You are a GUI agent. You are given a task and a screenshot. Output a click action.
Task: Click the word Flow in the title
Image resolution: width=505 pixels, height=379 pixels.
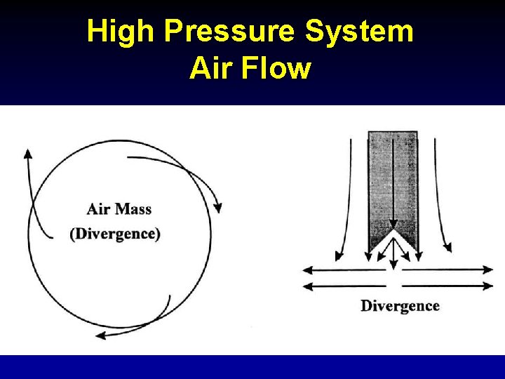point(278,69)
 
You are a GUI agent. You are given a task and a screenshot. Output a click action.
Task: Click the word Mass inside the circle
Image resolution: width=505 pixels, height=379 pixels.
point(133,208)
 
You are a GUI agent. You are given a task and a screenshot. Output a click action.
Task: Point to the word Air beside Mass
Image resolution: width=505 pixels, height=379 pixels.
point(98,208)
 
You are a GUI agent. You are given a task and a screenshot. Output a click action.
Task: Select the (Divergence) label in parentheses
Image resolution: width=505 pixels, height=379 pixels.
point(115,234)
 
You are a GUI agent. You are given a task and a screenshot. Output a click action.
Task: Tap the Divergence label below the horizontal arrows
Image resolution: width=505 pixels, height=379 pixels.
point(400,306)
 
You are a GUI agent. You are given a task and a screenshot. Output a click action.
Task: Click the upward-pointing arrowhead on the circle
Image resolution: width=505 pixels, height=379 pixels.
point(28,154)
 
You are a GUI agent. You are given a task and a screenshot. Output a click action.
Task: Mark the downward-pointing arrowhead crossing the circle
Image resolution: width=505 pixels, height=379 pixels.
point(218,208)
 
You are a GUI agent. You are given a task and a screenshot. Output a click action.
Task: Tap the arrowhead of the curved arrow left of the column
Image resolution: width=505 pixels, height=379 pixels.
point(339,254)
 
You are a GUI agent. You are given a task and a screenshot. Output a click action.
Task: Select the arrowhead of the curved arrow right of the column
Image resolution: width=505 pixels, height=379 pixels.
point(447,248)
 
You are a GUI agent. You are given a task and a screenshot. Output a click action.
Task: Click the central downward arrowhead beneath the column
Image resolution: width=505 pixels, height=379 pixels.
point(393,265)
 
